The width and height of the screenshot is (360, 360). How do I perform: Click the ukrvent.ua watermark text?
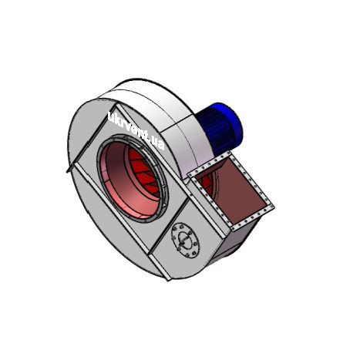coord(136,132)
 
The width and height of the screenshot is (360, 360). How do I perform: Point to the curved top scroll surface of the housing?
coord(146,96)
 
